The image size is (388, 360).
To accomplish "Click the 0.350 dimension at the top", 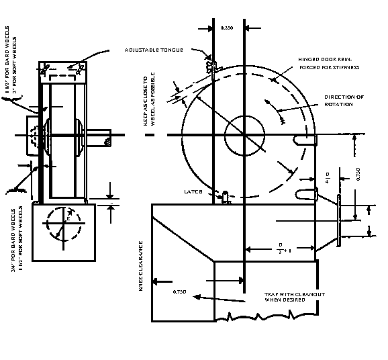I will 228,28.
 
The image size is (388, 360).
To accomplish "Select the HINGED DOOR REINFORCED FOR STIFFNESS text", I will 329,63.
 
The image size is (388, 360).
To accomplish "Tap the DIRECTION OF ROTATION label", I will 344,101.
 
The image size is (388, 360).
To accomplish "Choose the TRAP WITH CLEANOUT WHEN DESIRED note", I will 289,297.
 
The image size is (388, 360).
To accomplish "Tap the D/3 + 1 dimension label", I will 283,247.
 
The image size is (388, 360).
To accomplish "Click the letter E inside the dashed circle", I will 68,218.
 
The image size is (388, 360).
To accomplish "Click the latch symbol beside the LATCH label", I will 226,195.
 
